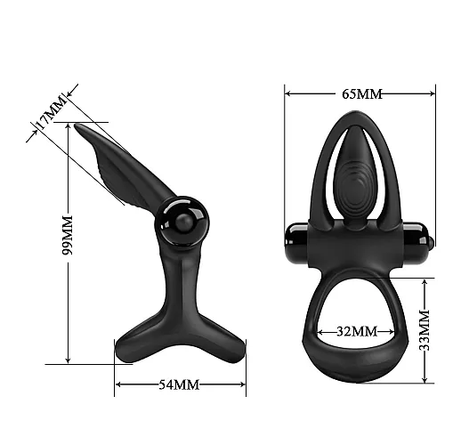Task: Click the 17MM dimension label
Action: pyautogui.click(x=50, y=112)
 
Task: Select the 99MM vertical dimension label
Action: pyautogui.click(x=68, y=235)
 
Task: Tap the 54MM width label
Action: pyautogui.click(x=179, y=384)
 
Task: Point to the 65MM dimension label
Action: pyautogui.click(x=362, y=94)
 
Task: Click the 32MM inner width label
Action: pyautogui.click(x=357, y=331)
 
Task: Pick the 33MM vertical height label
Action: pyautogui.click(x=425, y=330)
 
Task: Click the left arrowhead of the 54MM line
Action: pyautogui.click(x=118, y=384)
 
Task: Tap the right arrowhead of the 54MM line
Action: pyautogui.click(x=242, y=384)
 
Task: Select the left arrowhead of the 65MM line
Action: pyautogui.click(x=288, y=93)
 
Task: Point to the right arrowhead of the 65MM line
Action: pyautogui.click(x=432, y=93)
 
